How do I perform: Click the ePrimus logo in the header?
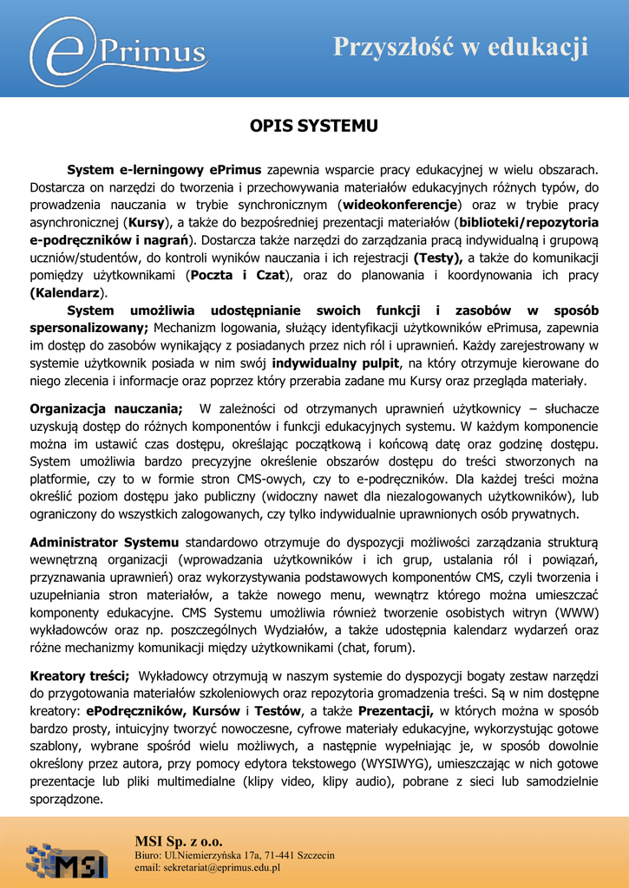(x=121, y=49)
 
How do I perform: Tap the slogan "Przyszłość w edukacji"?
(x=462, y=47)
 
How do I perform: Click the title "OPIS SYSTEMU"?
(x=314, y=127)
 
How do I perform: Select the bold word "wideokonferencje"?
(x=398, y=205)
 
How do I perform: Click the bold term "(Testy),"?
(x=439, y=258)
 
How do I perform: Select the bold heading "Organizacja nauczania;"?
(x=106, y=408)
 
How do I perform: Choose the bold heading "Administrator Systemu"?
(x=104, y=542)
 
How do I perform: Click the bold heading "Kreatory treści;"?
(x=80, y=675)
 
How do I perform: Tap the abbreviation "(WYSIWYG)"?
(x=401, y=763)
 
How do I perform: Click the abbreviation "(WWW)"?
(x=576, y=612)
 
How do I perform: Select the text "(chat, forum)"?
(x=372, y=647)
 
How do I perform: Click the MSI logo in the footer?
(x=67, y=859)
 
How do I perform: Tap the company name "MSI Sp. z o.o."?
(x=178, y=840)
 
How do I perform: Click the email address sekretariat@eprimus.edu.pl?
(x=206, y=867)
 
